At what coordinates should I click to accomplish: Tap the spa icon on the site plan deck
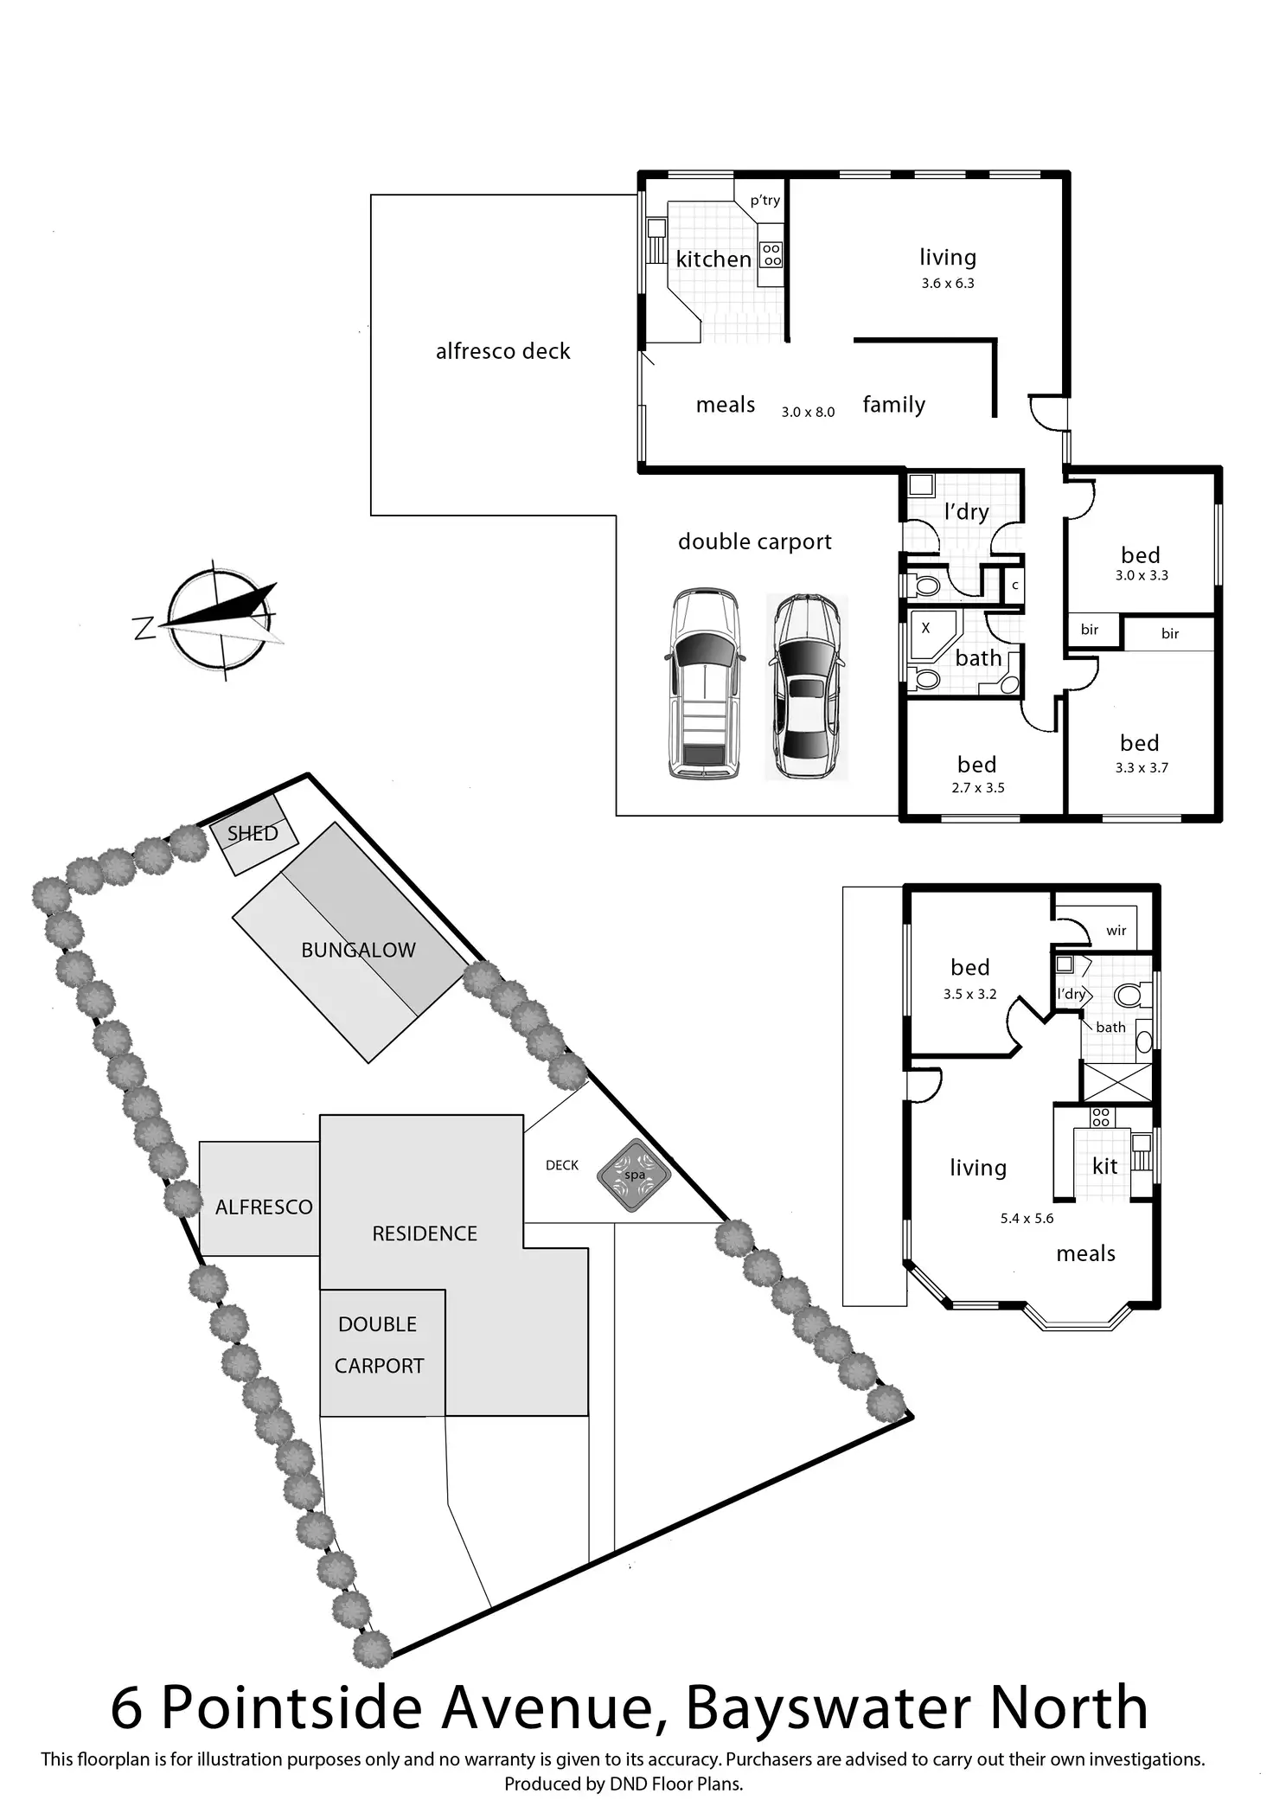634,1175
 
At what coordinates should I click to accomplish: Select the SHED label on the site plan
253,834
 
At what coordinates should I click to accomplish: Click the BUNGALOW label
358,950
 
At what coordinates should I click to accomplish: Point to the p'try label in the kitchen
765,201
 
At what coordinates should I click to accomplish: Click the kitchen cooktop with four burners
771,254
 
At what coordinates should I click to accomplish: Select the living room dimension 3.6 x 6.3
948,284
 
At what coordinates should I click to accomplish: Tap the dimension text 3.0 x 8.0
808,413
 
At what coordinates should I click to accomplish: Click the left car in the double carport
704,683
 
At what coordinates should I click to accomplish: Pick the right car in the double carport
806,685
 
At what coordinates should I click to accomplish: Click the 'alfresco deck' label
502,351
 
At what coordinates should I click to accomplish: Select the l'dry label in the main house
966,512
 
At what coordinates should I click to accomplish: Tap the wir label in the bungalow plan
1116,931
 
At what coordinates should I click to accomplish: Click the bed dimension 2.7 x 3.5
977,788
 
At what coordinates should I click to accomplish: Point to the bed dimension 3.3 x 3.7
1142,768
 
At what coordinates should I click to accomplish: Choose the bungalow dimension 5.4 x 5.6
1027,1219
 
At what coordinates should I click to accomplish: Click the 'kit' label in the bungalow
1105,1166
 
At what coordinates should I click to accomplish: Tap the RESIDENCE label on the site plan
425,1233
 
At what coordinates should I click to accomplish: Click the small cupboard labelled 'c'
1015,586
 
